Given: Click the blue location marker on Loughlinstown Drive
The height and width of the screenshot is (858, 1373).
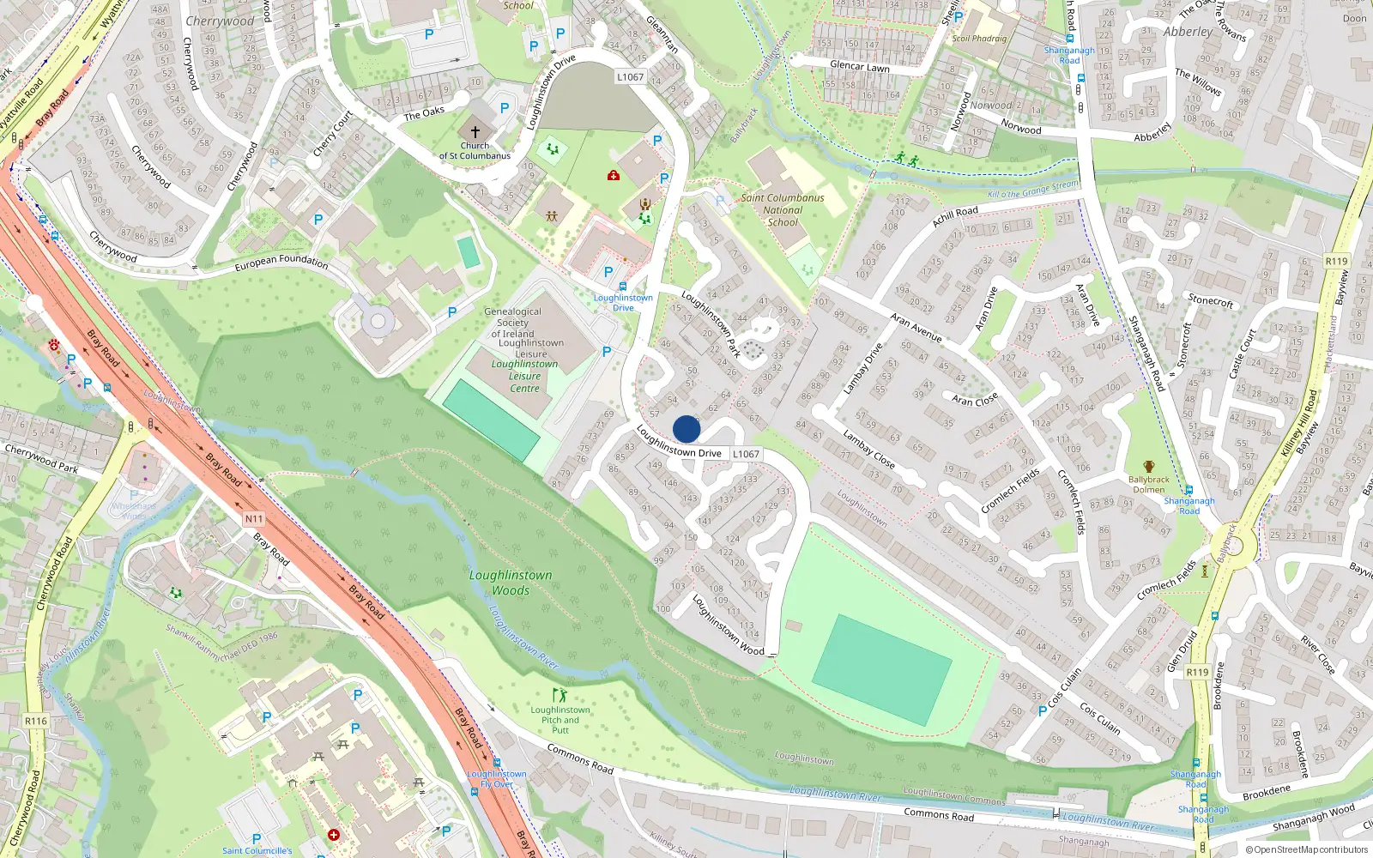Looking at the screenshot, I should [686, 429].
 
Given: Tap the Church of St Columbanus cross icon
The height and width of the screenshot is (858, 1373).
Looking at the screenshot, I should [475, 132].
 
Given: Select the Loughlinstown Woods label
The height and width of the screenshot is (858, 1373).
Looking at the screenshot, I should [511, 583].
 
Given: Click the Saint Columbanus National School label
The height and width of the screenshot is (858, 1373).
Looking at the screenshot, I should [783, 209].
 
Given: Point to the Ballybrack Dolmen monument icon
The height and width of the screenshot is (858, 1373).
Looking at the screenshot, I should [1148, 467].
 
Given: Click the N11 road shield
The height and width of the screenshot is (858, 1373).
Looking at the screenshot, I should [254, 518].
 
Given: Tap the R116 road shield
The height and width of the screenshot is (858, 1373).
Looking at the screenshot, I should [35, 721].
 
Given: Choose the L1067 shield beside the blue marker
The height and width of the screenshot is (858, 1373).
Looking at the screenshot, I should [746, 454].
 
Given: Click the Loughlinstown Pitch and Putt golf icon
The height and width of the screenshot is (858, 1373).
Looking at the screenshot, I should [560, 695].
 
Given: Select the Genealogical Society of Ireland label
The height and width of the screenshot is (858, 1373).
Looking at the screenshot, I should [512, 323].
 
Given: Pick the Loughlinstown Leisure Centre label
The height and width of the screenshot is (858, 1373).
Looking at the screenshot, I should [524, 376].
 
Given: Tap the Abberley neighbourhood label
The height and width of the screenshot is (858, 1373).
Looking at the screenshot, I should [1188, 32].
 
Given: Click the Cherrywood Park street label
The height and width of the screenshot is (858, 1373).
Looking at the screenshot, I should [41, 459].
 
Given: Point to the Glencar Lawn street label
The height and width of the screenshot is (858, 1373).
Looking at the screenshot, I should [859, 66].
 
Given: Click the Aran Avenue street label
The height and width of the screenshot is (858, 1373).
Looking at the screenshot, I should [916, 327].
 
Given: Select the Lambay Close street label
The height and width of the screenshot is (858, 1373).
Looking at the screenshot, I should [868, 450].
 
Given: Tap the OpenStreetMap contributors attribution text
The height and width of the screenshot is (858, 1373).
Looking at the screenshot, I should [1307, 849].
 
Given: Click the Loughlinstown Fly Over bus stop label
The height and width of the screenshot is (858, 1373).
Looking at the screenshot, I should [497, 779].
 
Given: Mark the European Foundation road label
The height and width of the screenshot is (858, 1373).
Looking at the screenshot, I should [281, 262].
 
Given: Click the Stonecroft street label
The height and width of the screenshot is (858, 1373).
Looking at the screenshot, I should [1210, 300].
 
